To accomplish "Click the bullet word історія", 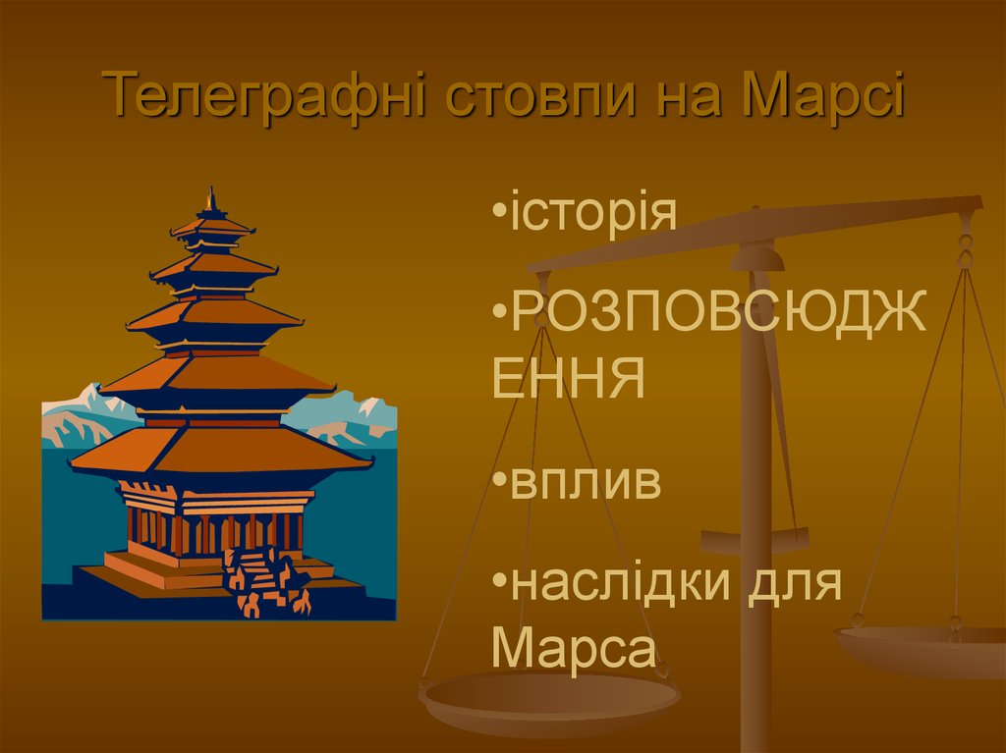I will [594, 213].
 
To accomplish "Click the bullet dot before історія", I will [499, 213].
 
